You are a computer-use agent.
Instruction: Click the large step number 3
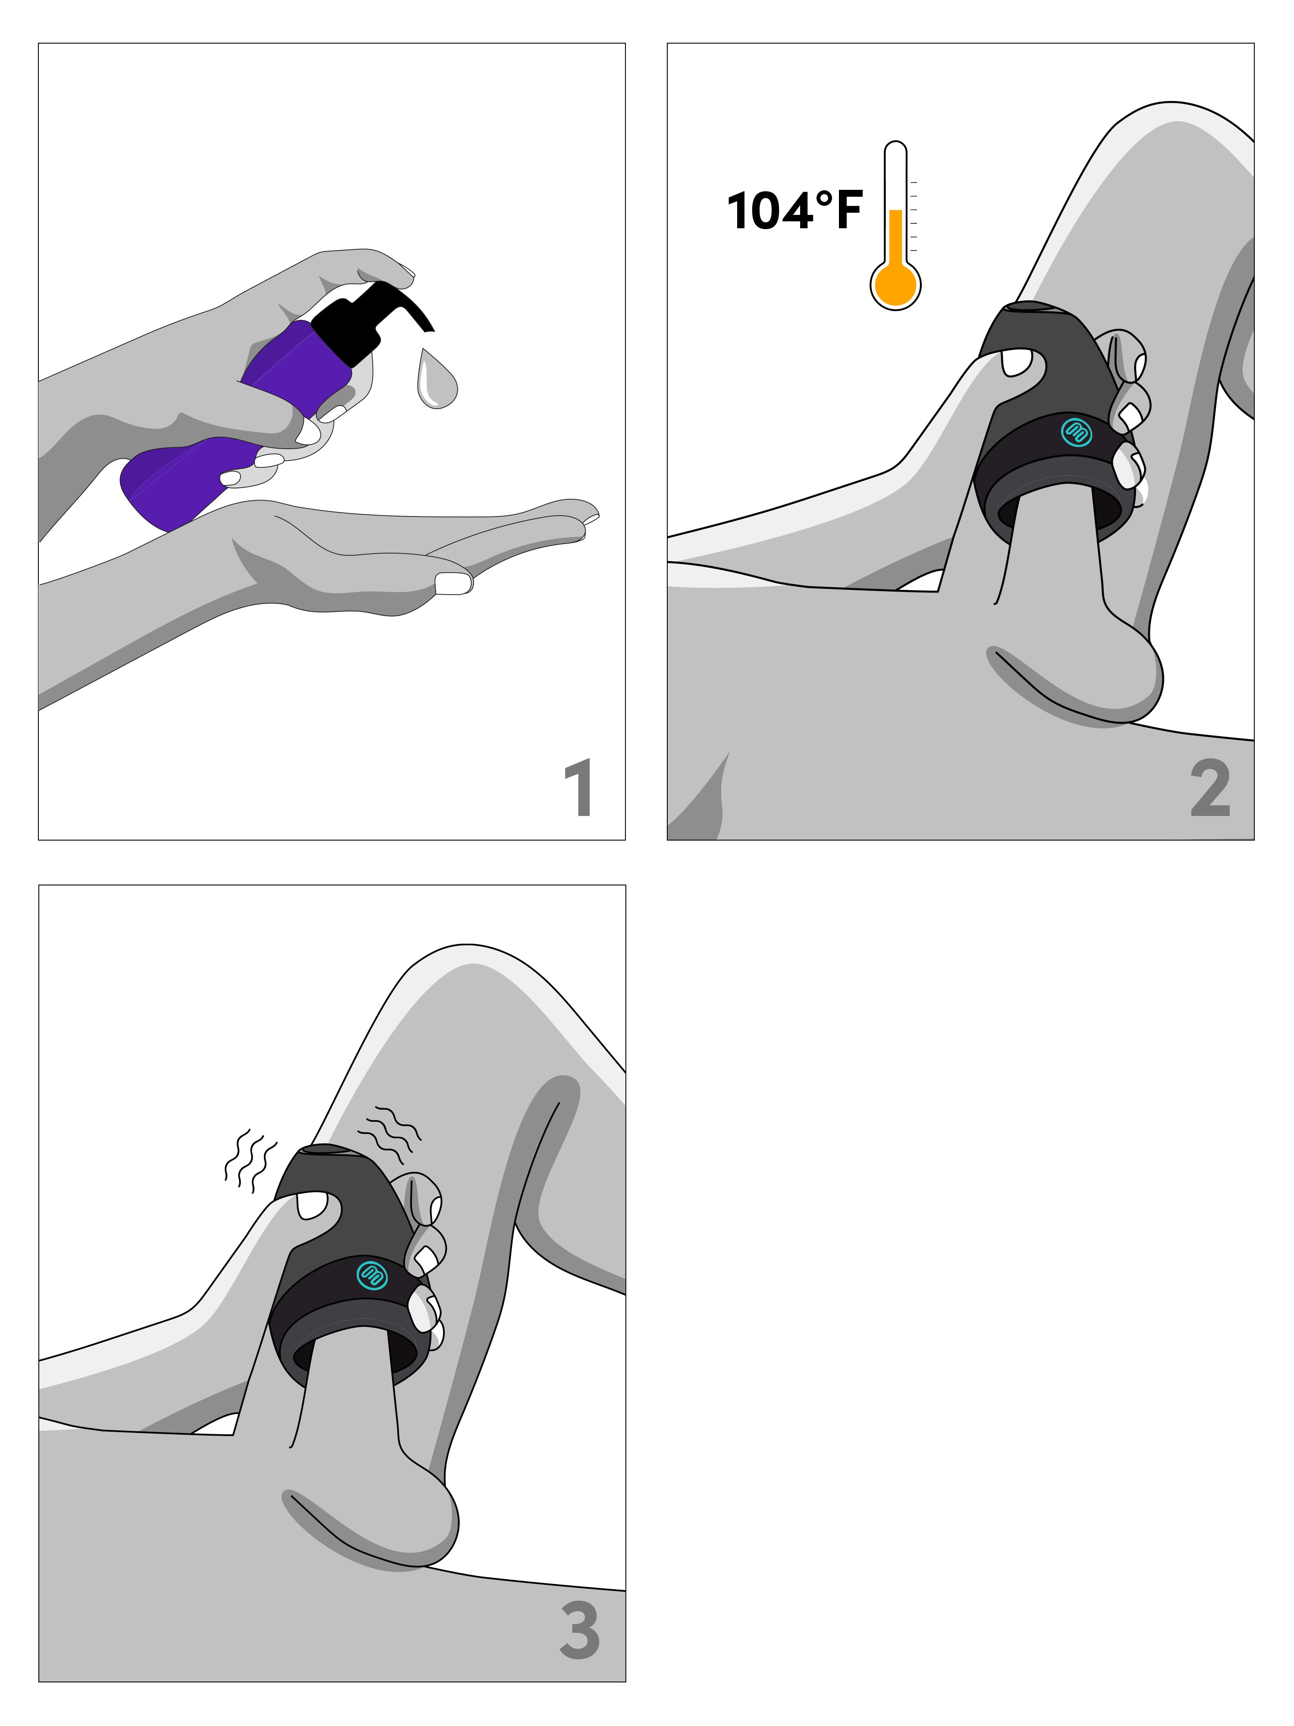580,1630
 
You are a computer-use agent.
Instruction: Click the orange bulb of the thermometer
895,285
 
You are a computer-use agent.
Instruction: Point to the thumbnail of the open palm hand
454,583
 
